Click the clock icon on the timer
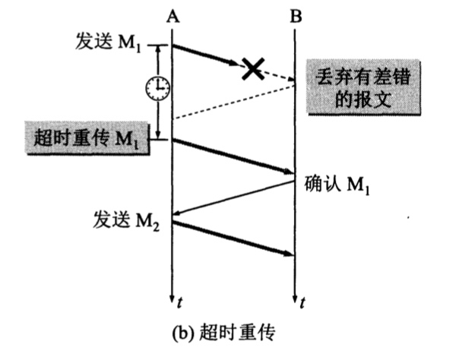tap(157, 90)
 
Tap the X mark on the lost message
tap(253, 68)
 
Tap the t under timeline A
tap(179, 304)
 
